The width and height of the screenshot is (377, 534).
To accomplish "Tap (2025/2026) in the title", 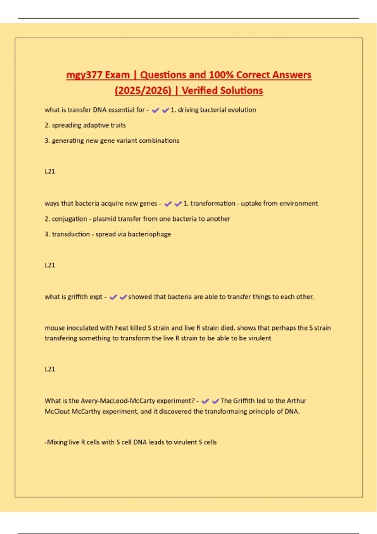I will pyautogui.click(x=143, y=91).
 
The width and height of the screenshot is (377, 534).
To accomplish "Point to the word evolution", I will pyautogui.click(x=242, y=110).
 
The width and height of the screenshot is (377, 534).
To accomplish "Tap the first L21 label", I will pyautogui.click(x=50, y=172).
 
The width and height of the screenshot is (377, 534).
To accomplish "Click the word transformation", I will pyautogui.click(x=213, y=204).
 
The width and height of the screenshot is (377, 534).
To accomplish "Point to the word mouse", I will pyautogui.click(x=54, y=328).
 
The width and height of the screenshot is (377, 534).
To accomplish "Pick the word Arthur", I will pyautogui.click(x=296, y=401).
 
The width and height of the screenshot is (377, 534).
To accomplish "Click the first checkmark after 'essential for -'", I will pyautogui.click(x=155, y=110).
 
